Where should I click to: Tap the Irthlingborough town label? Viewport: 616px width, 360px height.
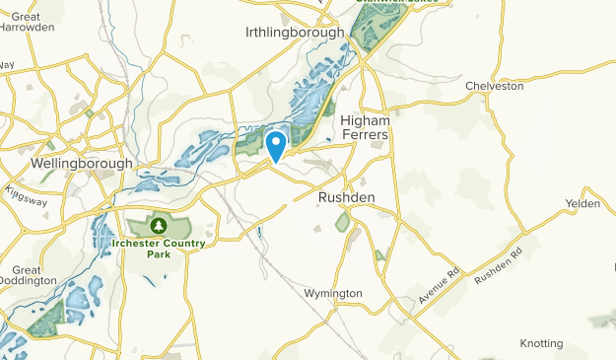point(295,32)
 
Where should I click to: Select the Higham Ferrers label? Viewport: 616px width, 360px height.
point(366,126)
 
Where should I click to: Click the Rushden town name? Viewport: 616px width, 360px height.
point(346,197)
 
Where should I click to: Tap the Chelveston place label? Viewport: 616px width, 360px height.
point(494,86)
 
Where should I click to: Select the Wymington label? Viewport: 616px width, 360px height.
point(334,293)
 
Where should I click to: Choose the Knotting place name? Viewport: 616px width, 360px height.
point(541,343)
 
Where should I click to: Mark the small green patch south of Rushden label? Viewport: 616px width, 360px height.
point(343,223)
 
